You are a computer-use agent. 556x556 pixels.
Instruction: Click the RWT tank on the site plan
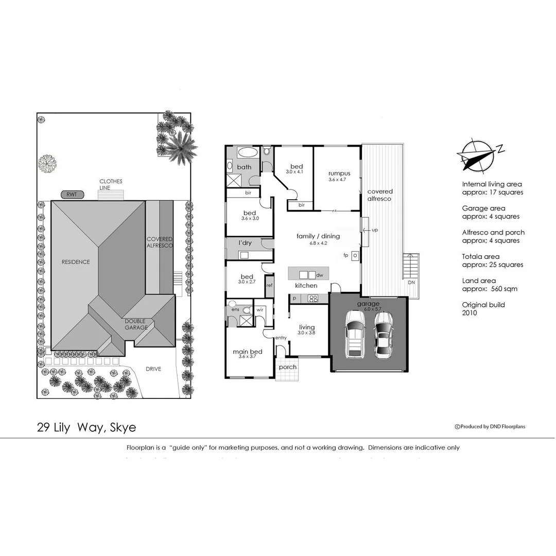tap(72, 195)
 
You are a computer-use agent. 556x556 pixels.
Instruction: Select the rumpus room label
tap(339, 173)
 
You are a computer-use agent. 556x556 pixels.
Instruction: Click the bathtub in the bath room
tap(249, 152)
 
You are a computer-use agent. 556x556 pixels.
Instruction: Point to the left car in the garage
tap(355, 337)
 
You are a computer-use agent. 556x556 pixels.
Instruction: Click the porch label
tap(288, 368)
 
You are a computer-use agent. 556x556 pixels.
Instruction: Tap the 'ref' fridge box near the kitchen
tap(269, 284)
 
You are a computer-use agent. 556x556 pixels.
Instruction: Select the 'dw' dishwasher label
tap(319, 275)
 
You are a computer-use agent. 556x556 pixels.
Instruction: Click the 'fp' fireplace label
tap(346, 255)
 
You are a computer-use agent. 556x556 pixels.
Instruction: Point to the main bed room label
tap(248, 352)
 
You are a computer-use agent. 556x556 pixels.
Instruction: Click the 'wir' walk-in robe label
tap(259, 309)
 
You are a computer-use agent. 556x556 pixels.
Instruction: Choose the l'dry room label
tap(245, 242)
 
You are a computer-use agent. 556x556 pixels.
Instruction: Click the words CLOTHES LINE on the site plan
tap(111, 184)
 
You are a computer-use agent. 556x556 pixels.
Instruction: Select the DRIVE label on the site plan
tap(153, 369)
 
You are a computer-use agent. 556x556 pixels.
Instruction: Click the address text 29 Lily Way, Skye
tap(86, 427)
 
